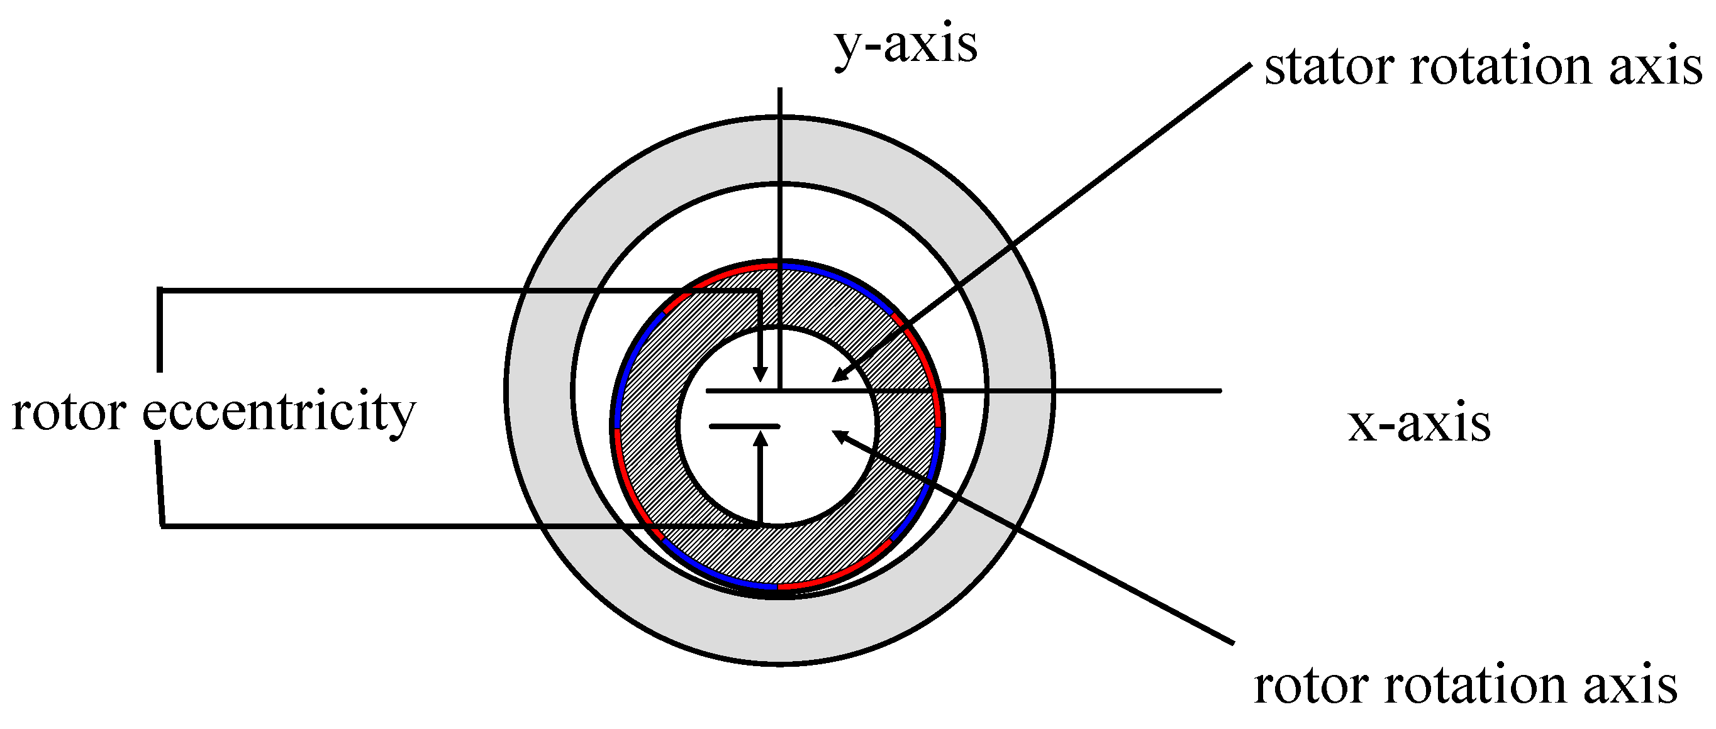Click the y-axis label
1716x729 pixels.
click(905, 45)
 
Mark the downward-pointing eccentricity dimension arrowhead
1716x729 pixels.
click(760, 375)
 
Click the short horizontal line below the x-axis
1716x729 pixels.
click(744, 426)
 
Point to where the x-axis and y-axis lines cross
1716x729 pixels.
click(780, 391)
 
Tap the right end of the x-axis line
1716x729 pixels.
click(1220, 391)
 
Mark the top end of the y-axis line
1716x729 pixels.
click(780, 89)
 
